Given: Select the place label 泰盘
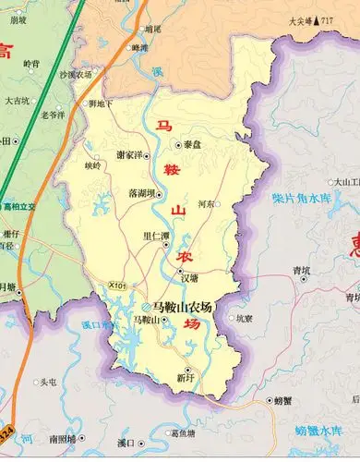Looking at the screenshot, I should pos(192,145).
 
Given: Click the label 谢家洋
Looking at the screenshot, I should pos(132,155).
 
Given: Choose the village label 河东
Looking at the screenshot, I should pos(207,203).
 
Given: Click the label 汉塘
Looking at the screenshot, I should pos(188,277).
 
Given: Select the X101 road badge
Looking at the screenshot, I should pos(117,286).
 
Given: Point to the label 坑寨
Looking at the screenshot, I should pos(242,318).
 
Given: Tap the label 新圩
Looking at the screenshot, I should pos(186,378).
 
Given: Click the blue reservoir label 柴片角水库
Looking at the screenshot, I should pos(299,199).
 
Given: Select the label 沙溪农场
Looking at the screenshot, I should pos(76,74).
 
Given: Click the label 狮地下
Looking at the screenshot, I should pos(101,104).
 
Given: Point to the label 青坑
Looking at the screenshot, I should pos(301,270).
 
